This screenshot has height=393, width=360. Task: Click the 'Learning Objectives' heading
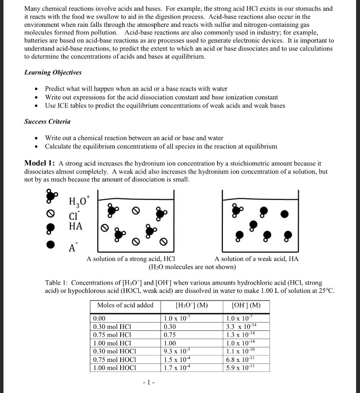tap(53, 73)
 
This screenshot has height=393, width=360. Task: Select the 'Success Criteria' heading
tap(47, 122)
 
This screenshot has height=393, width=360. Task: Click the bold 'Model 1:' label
tap(40, 163)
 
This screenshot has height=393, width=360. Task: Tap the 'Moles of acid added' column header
tap(125, 305)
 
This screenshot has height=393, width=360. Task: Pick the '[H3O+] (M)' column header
tap(191, 305)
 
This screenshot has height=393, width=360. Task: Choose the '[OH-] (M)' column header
tap(246, 305)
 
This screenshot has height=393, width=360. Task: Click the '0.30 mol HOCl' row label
tap(113, 351)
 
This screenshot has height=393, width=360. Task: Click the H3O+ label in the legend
tap(78, 201)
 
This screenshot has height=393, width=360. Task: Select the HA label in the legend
tap(75, 226)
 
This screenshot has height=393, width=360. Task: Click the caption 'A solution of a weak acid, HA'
tap(256, 259)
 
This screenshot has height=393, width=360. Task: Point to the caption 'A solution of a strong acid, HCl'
tap(131, 259)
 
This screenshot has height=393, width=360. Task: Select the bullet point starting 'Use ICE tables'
tap(165, 106)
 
